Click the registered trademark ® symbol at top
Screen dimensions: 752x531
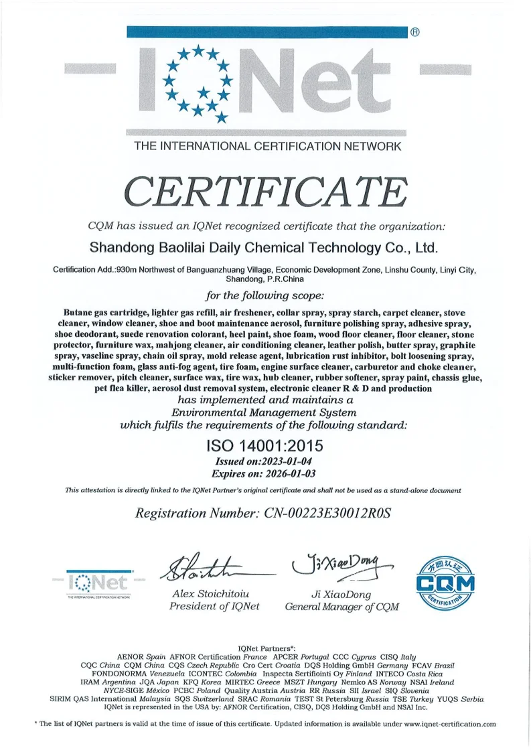pyautogui.click(x=414, y=32)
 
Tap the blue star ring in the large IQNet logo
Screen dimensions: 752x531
pyautogui.click(x=198, y=82)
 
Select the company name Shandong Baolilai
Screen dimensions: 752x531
pyautogui.click(x=263, y=248)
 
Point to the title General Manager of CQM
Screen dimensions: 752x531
pyautogui.click(x=342, y=607)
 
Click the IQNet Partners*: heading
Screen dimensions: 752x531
pyautogui.click(x=266, y=649)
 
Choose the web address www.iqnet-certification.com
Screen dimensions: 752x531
pyautogui.click(x=450, y=724)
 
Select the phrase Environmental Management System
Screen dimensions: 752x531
pyautogui.click(x=264, y=412)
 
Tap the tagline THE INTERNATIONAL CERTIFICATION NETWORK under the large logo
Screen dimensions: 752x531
pyautogui.click(x=268, y=146)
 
